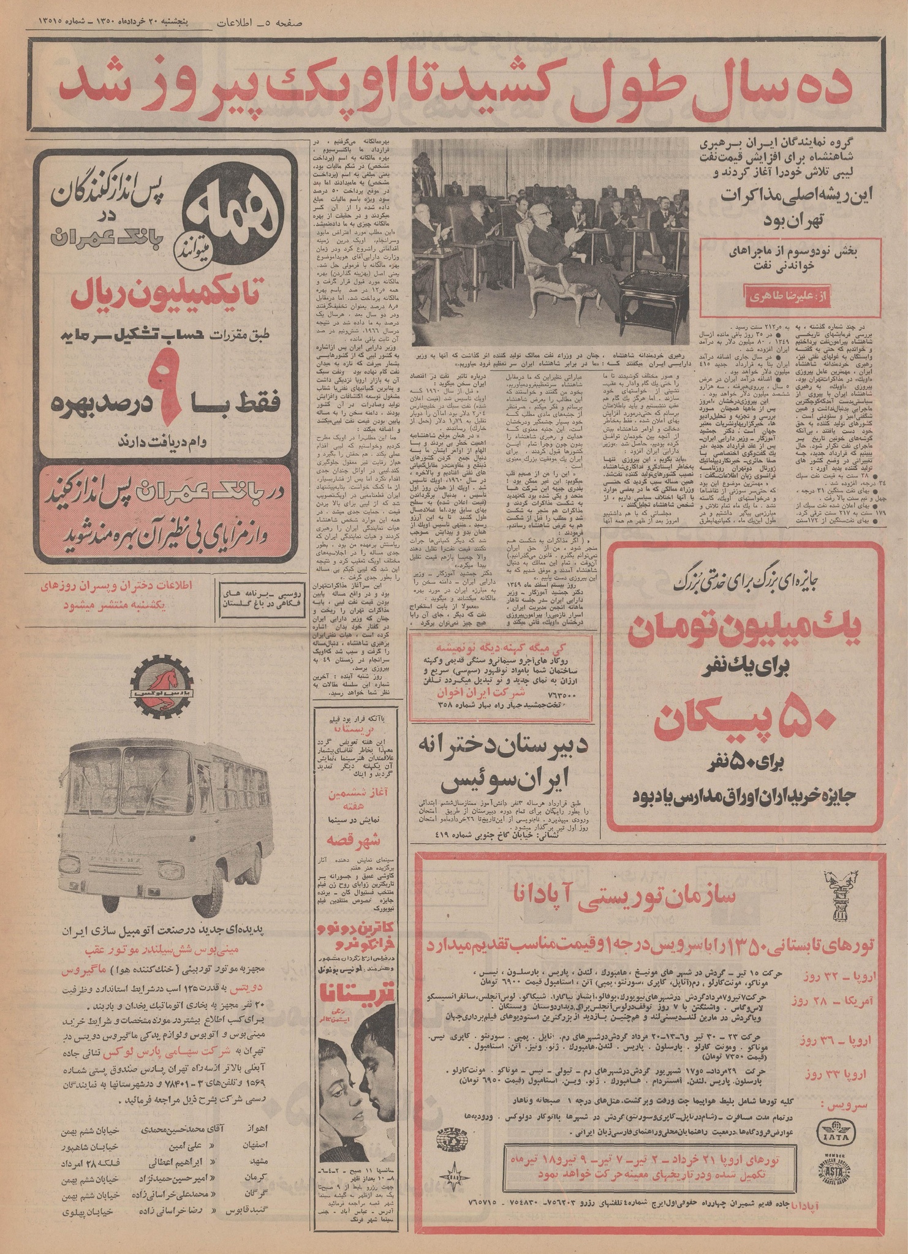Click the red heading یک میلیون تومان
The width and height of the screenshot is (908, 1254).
741,638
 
